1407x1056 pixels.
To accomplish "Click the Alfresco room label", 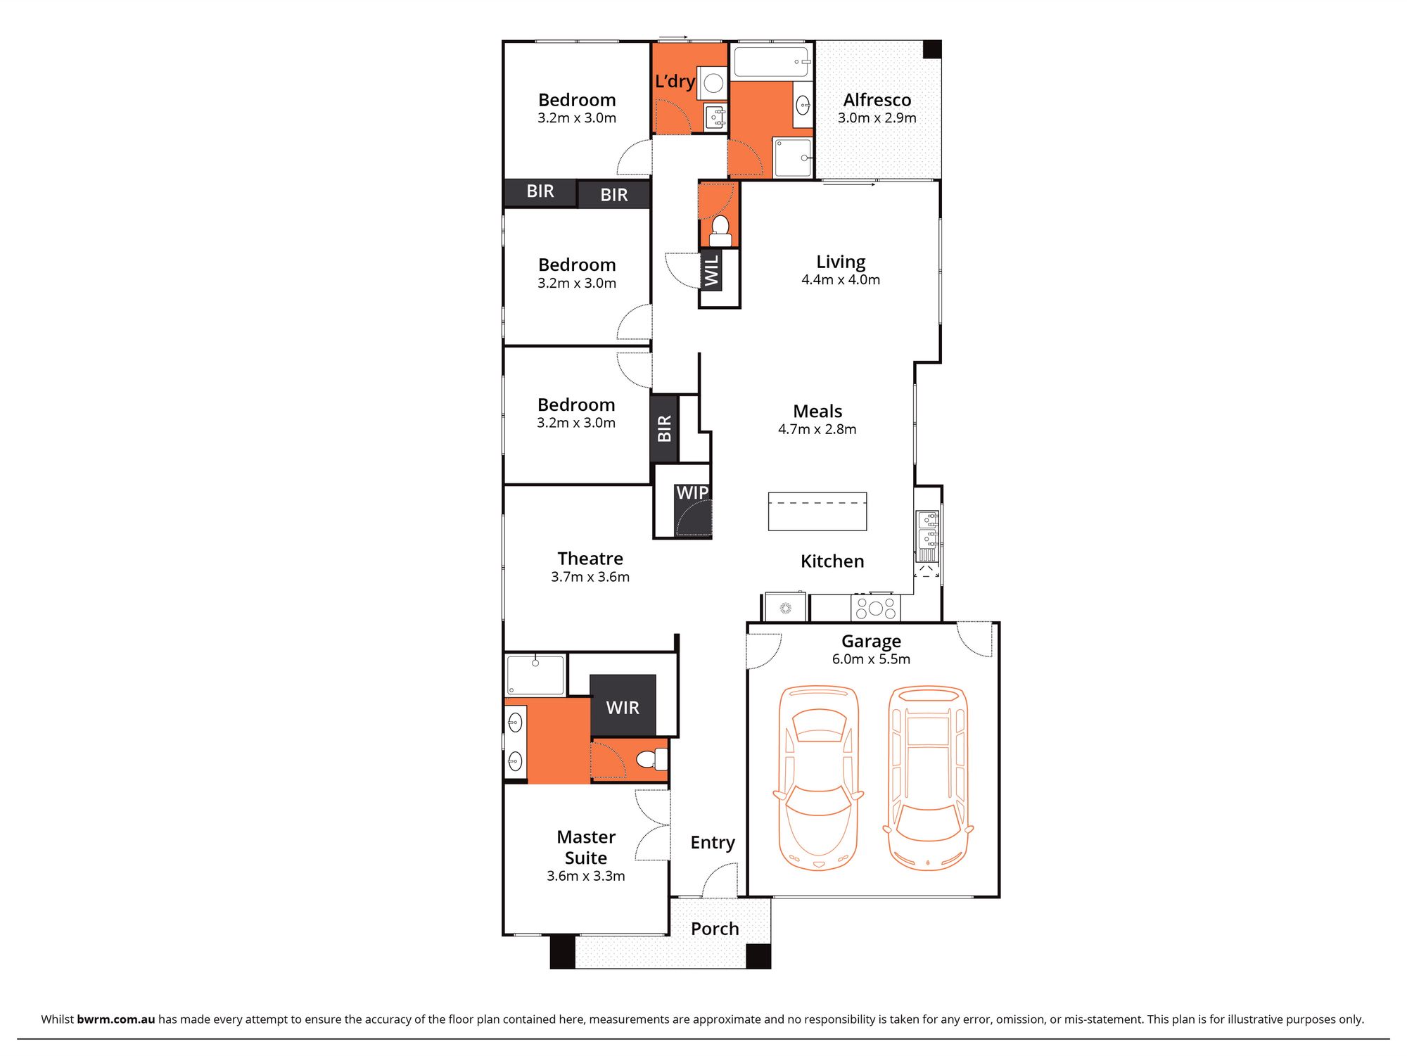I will [877, 100].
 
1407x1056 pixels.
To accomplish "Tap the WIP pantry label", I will [692, 492].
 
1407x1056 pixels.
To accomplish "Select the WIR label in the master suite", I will [623, 707].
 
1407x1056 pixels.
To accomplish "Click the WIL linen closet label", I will [711, 270].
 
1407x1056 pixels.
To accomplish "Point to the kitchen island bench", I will [817, 511].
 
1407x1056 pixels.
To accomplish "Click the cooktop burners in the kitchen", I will [875, 608].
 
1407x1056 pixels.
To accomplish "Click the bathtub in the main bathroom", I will [771, 62].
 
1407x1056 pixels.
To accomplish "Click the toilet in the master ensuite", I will [651, 759].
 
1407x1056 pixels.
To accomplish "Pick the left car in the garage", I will [818, 777].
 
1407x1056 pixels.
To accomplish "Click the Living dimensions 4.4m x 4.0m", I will [840, 279].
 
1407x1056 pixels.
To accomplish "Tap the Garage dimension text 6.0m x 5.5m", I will [871, 659].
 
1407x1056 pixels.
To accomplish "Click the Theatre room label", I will [590, 559].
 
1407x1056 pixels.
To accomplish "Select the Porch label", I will [714, 929].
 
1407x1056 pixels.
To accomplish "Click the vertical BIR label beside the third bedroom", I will [663, 428].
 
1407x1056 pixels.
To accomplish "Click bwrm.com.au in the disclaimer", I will [115, 1019].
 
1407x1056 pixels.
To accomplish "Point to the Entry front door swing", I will [719, 880].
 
